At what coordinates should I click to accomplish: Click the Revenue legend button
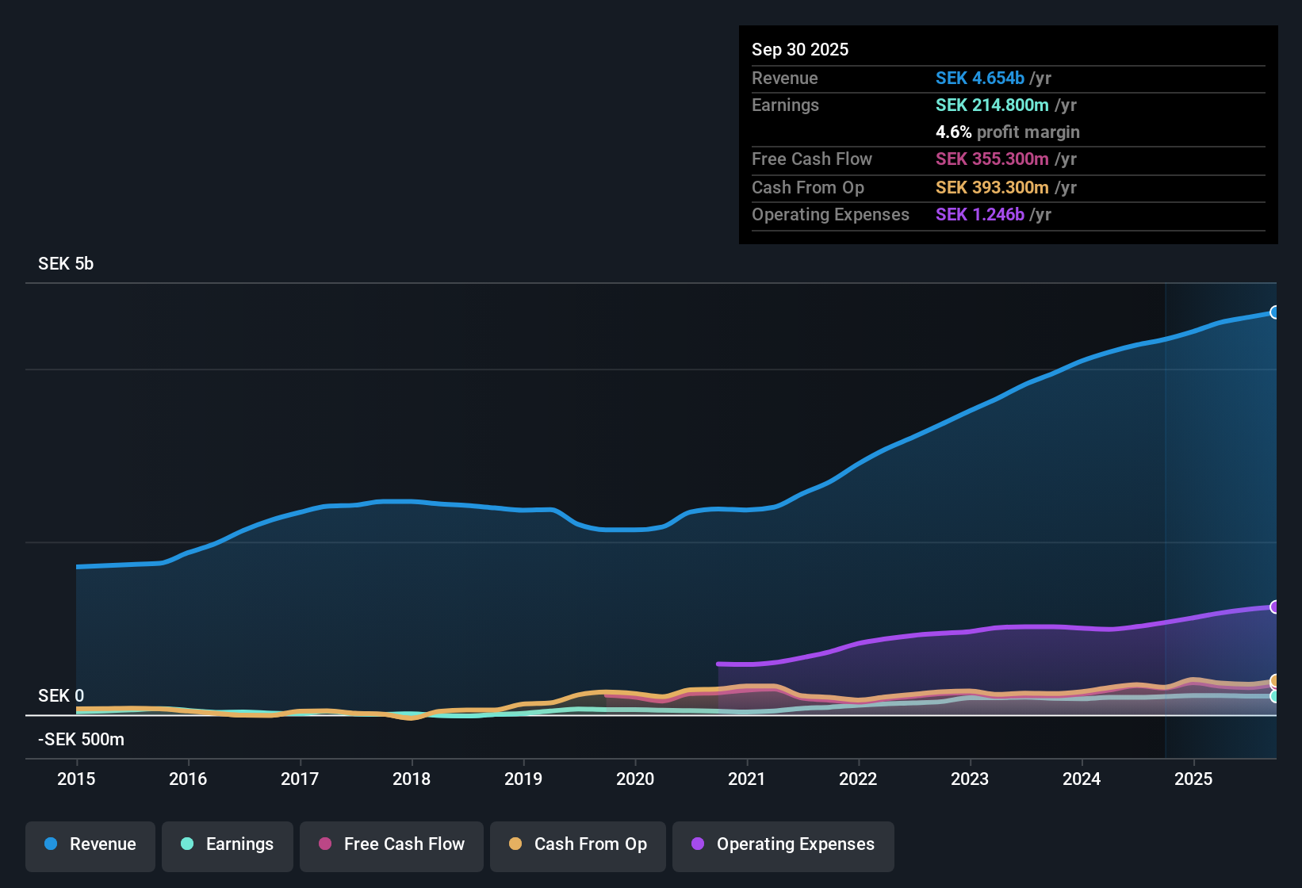pos(90,844)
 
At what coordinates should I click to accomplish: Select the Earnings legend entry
pos(228,844)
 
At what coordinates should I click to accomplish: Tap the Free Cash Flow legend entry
pos(392,844)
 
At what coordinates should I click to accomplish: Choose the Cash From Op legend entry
pos(578,844)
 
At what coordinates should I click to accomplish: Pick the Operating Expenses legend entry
pos(783,844)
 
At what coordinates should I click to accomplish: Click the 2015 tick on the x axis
pos(76,779)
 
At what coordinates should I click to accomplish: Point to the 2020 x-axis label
pos(635,779)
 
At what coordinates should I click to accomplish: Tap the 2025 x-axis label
pos(1193,779)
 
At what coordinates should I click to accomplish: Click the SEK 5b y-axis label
pos(66,264)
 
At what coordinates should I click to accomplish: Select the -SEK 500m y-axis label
pos(81,740)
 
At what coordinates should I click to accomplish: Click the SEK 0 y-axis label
pos(61,696)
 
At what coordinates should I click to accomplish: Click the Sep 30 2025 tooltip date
pos(800,50)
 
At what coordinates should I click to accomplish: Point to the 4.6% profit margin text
pos(1007,132)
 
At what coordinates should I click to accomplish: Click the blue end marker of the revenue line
pos(1274,312)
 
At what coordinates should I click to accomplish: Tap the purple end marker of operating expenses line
pos(1274,607)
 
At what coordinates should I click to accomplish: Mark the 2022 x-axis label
pos(858,779)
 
